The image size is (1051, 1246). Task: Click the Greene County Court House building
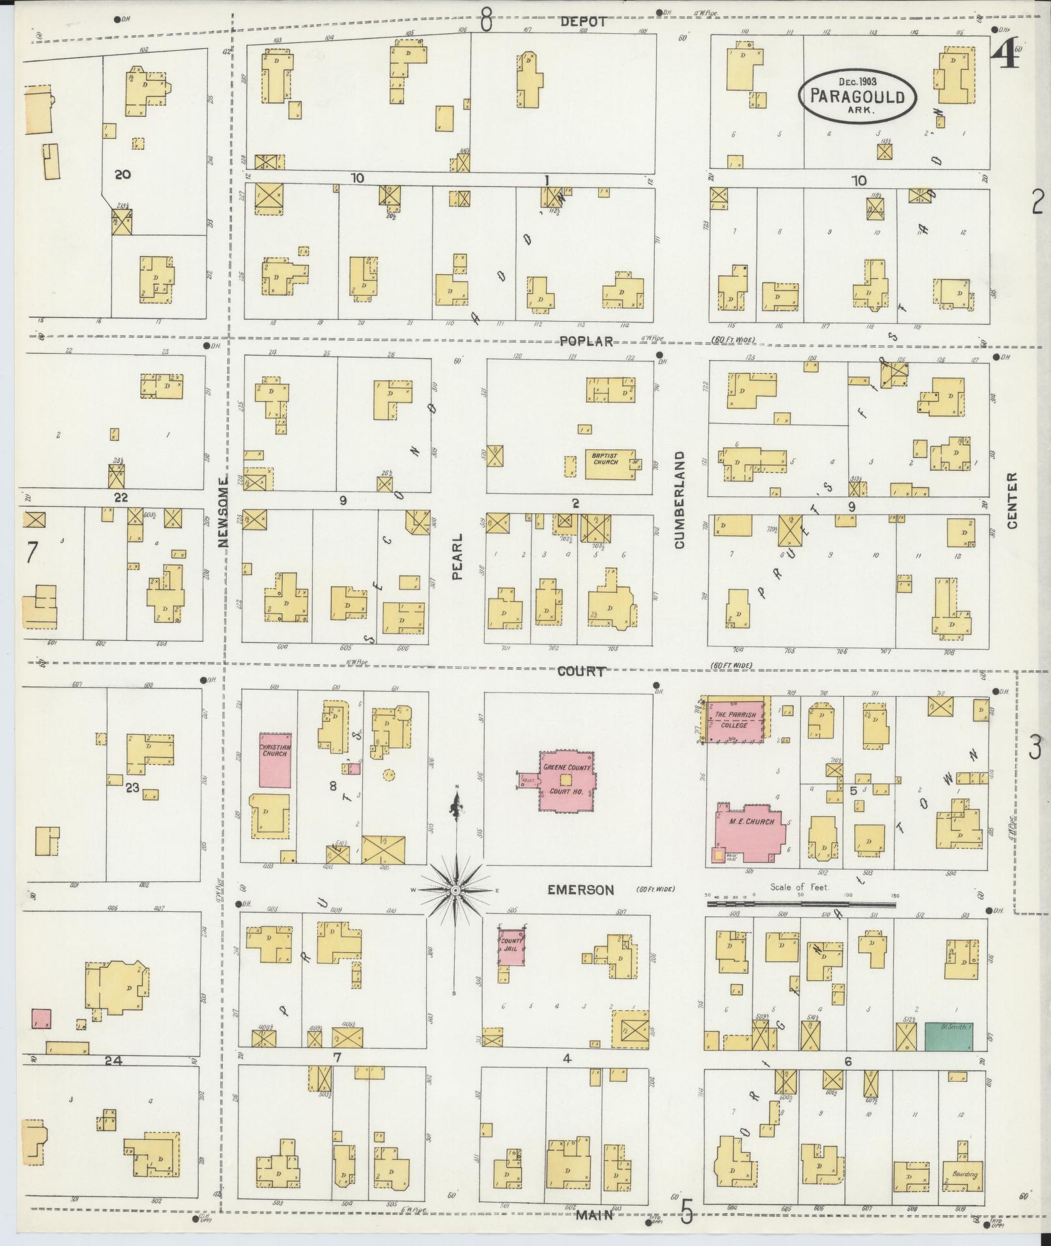566,781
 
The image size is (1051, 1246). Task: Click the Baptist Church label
605,458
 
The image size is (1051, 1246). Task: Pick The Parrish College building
736,719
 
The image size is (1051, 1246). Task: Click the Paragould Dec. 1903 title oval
857,96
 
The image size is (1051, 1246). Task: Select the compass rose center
456,889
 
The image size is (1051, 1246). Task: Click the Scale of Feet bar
801,904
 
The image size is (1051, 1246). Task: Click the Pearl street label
457,557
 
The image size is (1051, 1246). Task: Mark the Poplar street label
587,341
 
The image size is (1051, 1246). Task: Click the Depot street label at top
583,21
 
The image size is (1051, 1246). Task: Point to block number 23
132,787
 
